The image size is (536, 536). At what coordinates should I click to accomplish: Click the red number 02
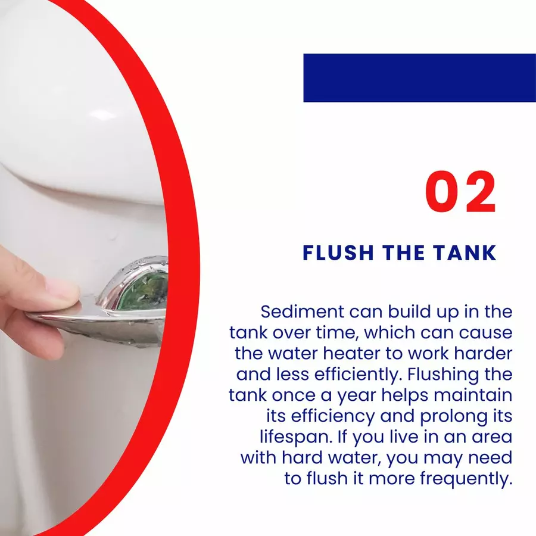click(x=460, y=192)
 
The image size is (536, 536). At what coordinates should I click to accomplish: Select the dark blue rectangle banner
click(x=419, y=77)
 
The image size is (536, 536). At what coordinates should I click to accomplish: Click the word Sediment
click(x=302, y=311)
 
